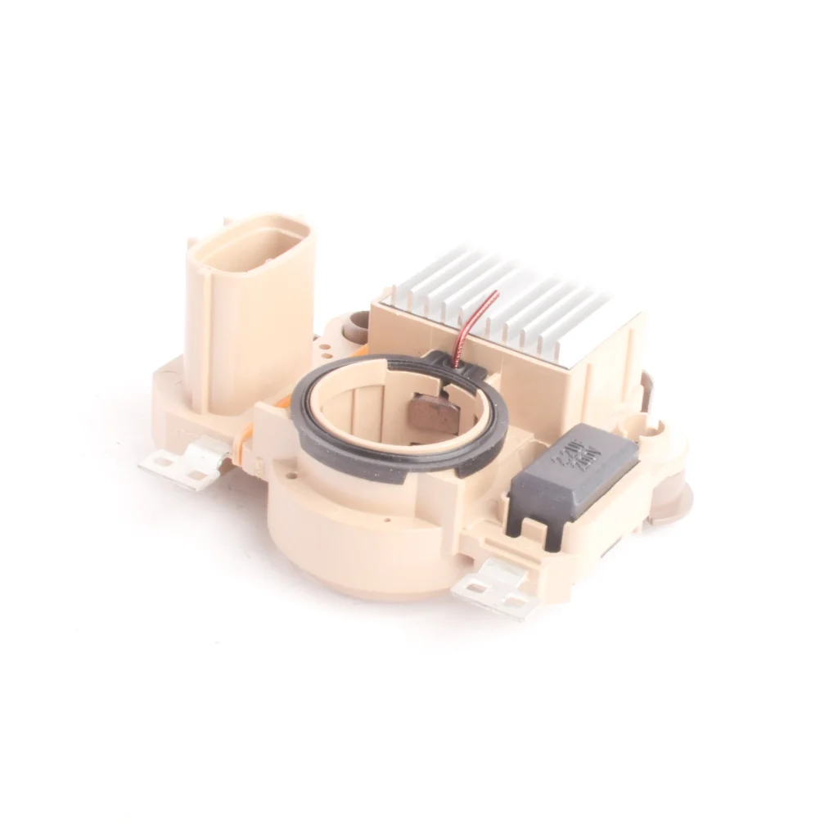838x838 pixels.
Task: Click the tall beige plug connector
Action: click(x=249, y=319)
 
